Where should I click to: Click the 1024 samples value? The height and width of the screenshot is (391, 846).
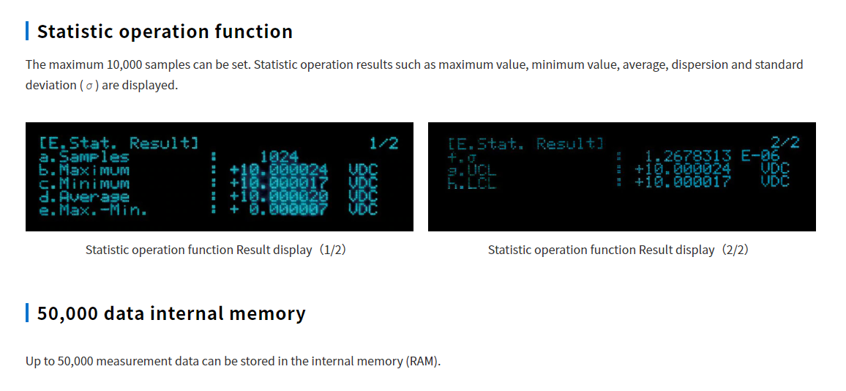279,157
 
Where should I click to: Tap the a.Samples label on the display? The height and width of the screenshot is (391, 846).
83,157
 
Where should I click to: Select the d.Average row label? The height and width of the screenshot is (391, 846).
83,196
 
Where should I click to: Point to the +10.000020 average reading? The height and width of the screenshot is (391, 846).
279,196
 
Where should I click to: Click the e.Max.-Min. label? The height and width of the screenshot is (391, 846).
93,210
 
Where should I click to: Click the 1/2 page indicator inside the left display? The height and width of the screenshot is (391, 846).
383,144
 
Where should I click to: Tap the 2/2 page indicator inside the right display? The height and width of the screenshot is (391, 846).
785,144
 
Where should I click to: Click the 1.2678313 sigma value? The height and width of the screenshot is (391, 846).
687,156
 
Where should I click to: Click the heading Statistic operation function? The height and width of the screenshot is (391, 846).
165,31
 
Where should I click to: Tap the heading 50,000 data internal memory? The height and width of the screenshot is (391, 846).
171,313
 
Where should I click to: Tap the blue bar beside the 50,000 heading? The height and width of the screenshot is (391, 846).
27,313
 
